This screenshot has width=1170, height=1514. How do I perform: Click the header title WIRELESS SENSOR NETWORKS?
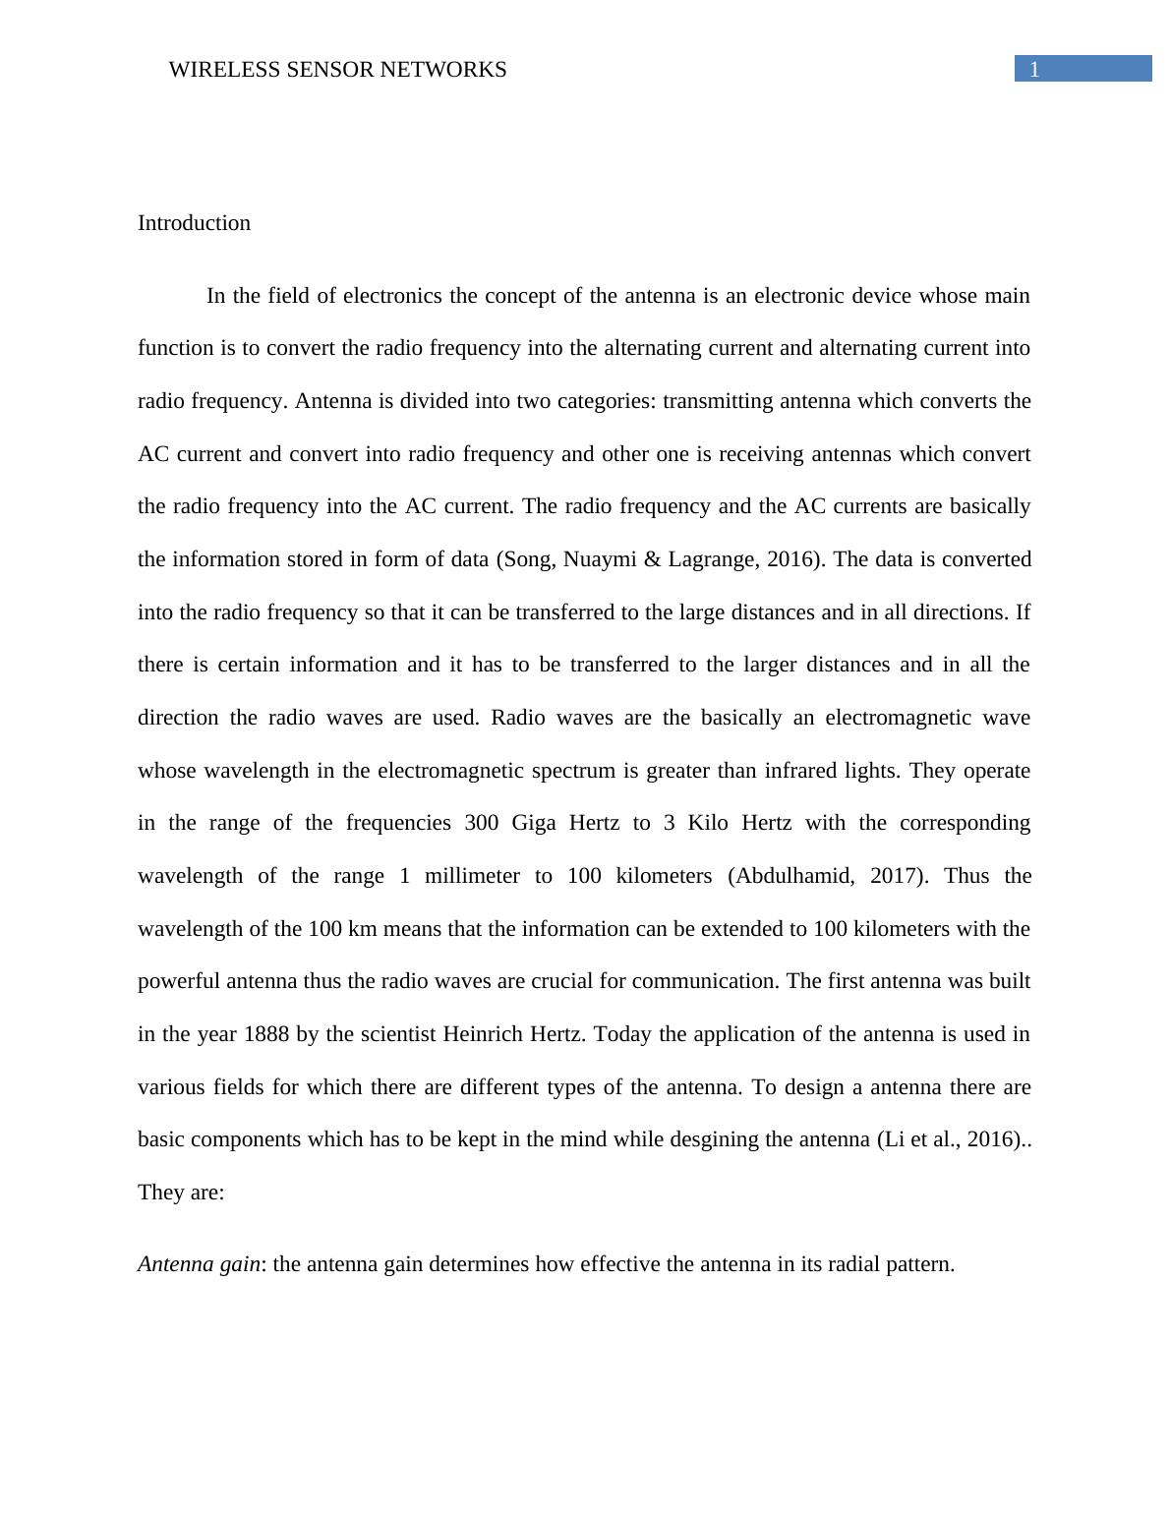click(x=337, y=70)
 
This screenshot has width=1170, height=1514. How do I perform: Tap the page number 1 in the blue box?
click(x=1034, y=69)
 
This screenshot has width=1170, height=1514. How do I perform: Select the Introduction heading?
click(x=194, y=223)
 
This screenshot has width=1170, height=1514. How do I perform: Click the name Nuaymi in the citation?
click(x=599, y=559)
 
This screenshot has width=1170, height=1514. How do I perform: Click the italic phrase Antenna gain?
click(x=199, y=1264)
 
